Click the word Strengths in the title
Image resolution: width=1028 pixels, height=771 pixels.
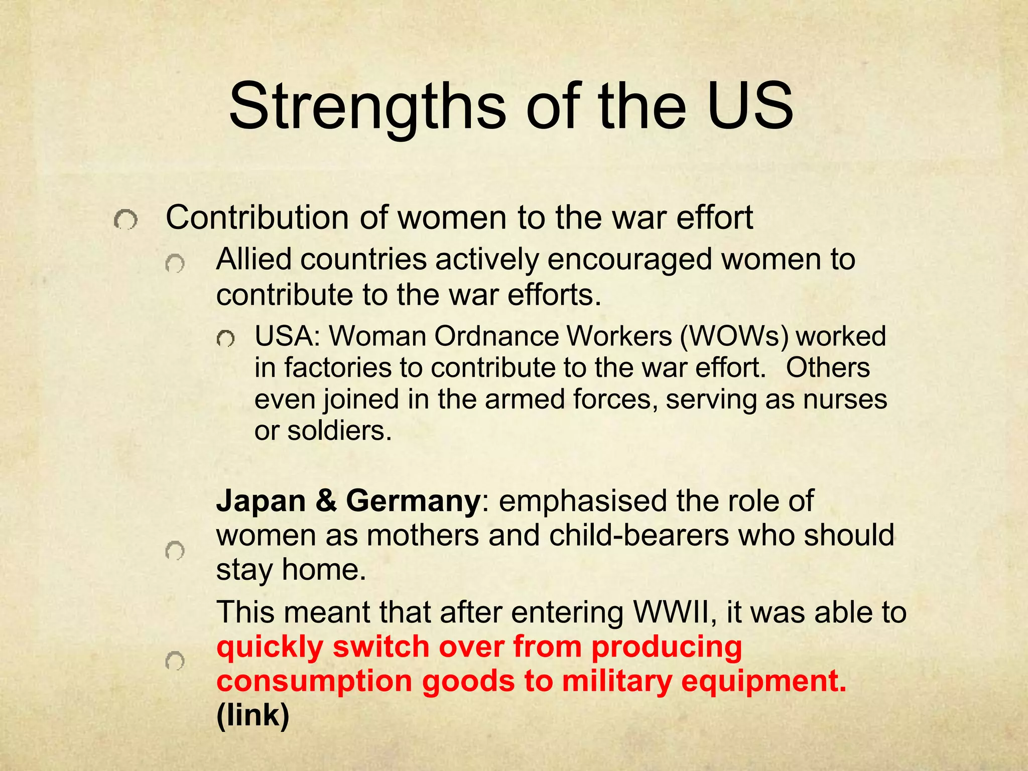(367, 107)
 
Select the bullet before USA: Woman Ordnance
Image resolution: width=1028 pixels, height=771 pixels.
(226, 340)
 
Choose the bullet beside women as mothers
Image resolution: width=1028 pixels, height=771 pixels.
(175, 551)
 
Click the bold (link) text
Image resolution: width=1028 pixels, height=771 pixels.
(253, 716)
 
